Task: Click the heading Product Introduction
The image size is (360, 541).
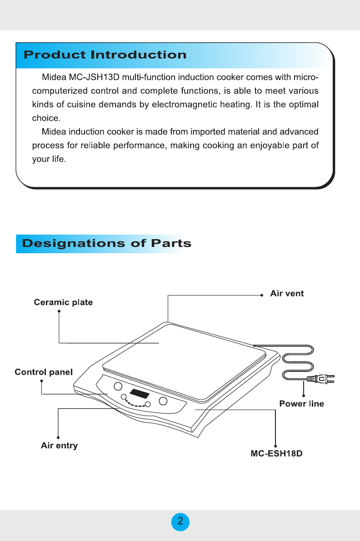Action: (x=105, y=55)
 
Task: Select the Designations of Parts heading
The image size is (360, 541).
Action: (x=107, y=243)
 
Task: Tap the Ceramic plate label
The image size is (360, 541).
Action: (x=63, y=303)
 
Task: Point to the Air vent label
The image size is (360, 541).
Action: (x=287, y=294)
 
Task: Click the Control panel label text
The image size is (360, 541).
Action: (x=44, y=372)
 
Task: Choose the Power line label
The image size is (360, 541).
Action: (x=301, y=404)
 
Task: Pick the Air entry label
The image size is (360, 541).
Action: (x=59, y=446)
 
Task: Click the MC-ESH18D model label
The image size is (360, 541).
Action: (x=276, y=454)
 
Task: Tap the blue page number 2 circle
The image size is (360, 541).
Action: (x=180, y=521)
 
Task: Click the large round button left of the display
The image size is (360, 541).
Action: (x=118, y=386)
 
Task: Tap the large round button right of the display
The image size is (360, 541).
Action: (x=163, y=401)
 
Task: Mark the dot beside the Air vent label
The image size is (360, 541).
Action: (x=262, y=295)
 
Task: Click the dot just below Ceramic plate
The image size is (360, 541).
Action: (x=59, y=311)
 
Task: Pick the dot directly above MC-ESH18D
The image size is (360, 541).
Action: (x=276, y=445)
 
